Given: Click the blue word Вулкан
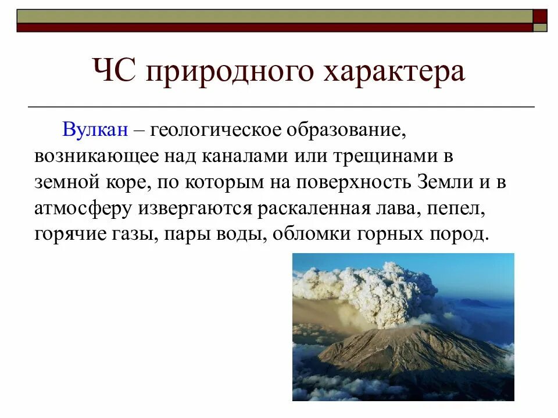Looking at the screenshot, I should click(95, 130).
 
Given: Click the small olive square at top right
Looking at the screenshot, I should click(541, 27).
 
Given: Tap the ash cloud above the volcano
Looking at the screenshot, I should click(372, 290).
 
